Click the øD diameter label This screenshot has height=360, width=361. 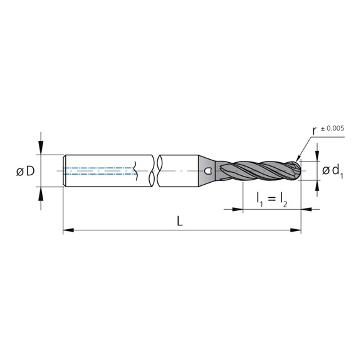[x=22, y=171]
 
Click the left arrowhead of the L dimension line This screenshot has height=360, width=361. [x=67, y=231]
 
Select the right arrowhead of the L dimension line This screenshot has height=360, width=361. [x=297, y=231]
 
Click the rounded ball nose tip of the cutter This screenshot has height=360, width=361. [x=297, y=170]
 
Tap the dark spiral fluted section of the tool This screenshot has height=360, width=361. [x=257, y=170]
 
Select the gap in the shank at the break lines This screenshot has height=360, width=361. [x=155, y=170]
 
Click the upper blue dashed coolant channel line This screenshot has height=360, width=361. [x=100, y=167]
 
